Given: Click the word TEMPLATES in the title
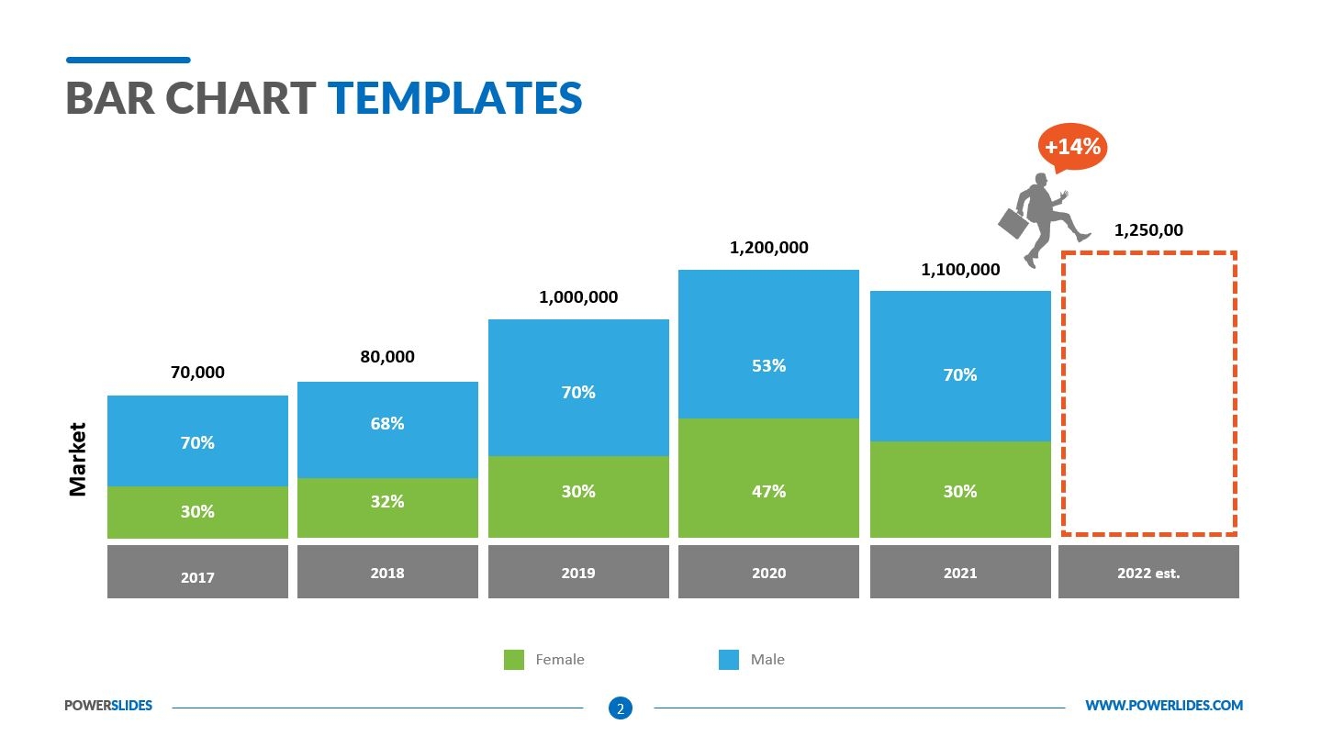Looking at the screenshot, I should (454, 98).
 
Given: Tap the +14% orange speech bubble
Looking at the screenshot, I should (1072, 147).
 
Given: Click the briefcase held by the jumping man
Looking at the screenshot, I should (1013, 223).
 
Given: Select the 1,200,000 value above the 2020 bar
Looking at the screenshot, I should (768, 248).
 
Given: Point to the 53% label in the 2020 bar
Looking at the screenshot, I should (768, 366).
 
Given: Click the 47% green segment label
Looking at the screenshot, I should (768, 492).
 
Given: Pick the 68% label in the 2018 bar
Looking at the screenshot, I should (387, 424).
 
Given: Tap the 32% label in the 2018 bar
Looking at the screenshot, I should (387, 502).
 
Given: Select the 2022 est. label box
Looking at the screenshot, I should (1148, 573).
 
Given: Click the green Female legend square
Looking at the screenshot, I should (514, 659).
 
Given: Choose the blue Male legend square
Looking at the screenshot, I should (729, 659).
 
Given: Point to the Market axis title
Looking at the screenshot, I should (78, 459).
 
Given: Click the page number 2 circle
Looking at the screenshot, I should (621, 708).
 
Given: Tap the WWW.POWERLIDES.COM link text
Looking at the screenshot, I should (1163, 706).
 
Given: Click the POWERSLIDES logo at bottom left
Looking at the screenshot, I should (108, 706).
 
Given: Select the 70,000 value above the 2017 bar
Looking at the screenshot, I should (197, 373).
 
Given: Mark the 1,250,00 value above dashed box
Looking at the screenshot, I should (1148, 231).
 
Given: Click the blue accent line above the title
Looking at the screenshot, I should (129, 61).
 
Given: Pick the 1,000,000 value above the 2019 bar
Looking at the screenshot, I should (578, 297).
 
